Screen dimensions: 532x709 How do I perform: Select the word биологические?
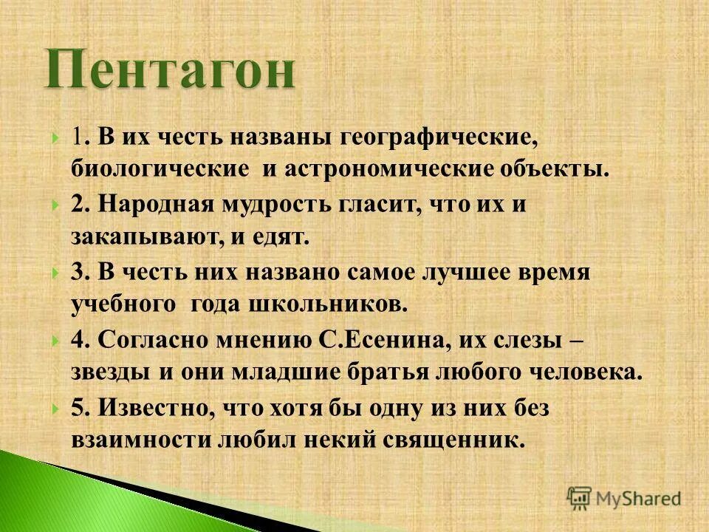coord(160,169)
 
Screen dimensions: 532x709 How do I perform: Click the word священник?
coord(454,440)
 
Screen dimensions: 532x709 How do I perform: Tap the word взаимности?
coord(141,440)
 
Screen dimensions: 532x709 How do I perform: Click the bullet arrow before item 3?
coord(56,273)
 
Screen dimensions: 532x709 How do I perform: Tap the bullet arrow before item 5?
coord(56,408)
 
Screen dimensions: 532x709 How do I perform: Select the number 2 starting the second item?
coord(77,205)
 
